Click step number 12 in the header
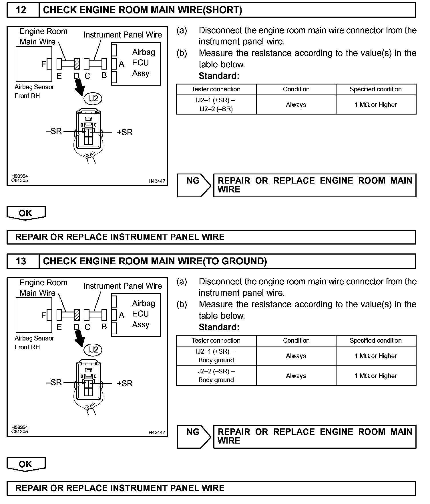point(21,10)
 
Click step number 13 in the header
point(21,261)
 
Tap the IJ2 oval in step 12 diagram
point(93,99)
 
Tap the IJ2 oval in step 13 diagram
point(93,350)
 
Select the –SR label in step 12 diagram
point(54,131)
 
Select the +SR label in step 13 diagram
point(125,383)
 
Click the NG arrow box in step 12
point(194,185)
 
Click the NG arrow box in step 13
point(194,436)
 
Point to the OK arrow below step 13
point(26,464)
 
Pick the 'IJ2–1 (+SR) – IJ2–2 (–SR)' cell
point(216,105)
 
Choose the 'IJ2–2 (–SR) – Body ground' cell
point(216,376)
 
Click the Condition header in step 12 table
point(296,89)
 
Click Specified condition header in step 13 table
point(375,340)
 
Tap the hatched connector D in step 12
point(77,64)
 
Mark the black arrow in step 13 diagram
point(79,337)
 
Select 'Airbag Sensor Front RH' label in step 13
point(34,342)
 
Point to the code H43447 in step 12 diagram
point(157,181)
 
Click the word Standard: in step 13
point(219,327)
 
